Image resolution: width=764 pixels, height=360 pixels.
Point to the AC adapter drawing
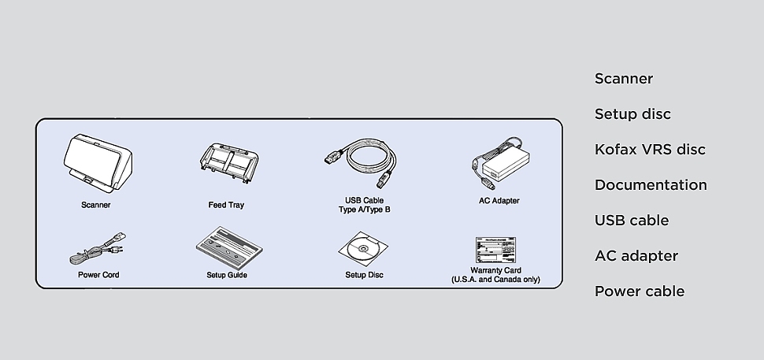(500, 163)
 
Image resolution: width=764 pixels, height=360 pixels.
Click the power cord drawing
(98, 248)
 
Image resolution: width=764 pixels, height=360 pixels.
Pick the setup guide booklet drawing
(229, 248)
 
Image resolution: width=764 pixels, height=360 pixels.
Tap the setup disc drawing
(363, 248)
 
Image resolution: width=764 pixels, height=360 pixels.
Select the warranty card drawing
(495, 250)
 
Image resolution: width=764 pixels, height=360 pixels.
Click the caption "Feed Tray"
(226, 205)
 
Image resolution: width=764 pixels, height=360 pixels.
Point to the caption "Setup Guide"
(227, 275)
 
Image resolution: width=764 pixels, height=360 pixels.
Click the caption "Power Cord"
(98, 275)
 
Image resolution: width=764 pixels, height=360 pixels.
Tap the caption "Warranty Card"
(495, 270)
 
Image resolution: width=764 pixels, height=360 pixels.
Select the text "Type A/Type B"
(365, 210)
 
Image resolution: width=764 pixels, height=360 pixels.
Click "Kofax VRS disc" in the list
(650, 150)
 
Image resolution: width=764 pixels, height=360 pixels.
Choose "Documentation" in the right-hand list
(651, 185)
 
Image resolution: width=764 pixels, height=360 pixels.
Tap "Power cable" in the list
(640, 291)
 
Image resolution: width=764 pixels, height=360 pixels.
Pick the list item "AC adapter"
(636, 256)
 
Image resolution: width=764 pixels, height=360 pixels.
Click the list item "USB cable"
(632, 221)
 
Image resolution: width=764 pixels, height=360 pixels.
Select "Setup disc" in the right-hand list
(632, 114)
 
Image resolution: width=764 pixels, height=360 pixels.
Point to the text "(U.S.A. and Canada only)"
(495, 280)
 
